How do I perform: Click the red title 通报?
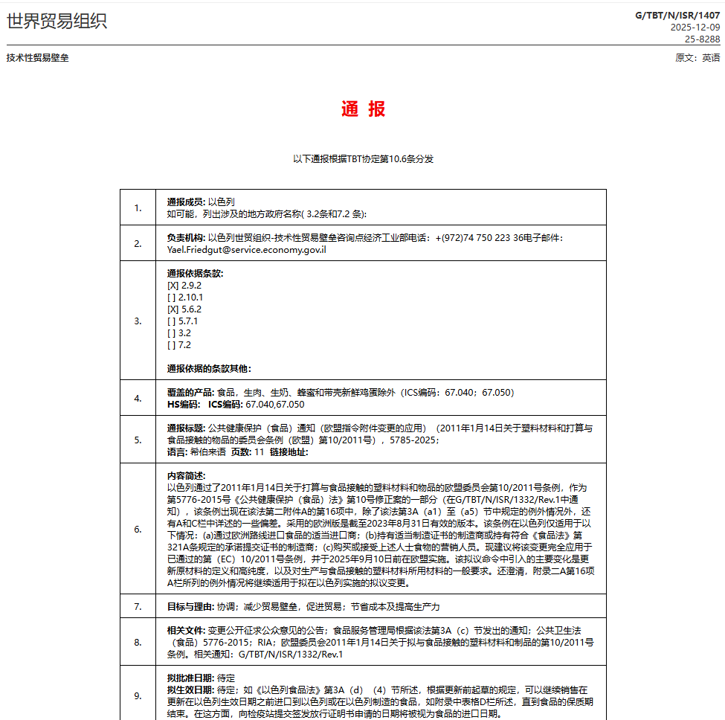(363, 109)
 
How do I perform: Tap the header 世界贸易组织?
(57, 21)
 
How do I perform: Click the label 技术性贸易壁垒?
(37, 58)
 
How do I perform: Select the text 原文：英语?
(697, 58)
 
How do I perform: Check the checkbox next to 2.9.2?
(173, 286)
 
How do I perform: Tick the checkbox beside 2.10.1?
(172, 298)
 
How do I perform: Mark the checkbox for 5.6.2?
(173, 309)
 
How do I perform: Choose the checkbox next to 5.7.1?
(172, 321)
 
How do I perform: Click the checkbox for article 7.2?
(172, 345)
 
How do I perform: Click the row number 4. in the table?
(138, 399)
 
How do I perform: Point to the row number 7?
(138, 607)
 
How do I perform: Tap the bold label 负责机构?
(186, 238)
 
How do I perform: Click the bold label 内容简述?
(186, 476)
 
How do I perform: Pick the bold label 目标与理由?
(190, 607)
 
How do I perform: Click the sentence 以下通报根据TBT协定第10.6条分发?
(363, 159)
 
